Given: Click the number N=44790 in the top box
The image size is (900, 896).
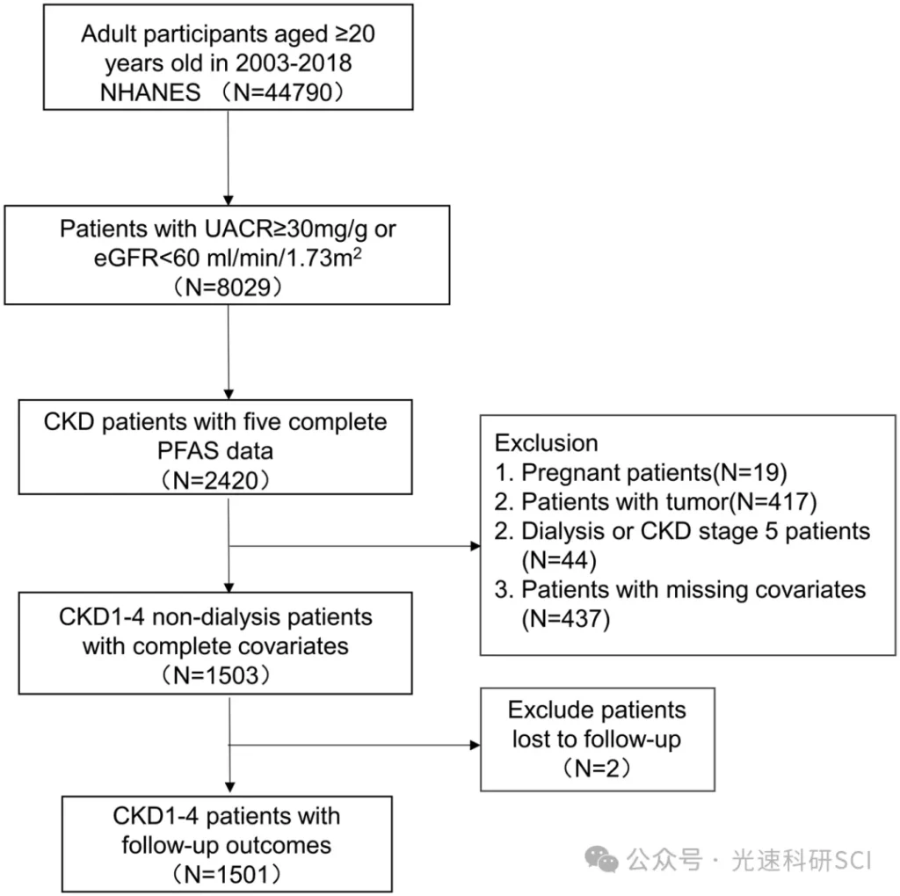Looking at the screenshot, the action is (x=282, y=92).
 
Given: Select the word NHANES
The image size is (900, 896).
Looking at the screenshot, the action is (x=150, y=92).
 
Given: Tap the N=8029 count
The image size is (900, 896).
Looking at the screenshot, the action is (x=228, y=287).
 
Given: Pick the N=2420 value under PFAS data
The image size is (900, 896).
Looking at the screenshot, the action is (x=215, y=480).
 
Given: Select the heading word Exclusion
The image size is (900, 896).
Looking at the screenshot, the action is (x=547, y=443).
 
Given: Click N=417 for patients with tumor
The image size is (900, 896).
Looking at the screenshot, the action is (x=773, y=502).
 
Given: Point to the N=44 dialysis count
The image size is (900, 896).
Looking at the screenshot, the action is (x=559, y=561).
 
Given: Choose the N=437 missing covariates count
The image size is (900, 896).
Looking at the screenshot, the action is (x=565, y=619).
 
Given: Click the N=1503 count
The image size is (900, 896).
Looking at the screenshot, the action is (x=215, y=675).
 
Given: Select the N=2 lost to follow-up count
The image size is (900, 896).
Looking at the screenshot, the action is (x=597, y=769).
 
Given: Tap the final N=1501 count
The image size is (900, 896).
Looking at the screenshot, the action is (x=227, y=875).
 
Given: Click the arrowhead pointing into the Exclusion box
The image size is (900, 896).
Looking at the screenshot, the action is (x=475, y=546).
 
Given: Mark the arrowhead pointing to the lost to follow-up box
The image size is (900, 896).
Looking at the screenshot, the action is (x=475, y=745).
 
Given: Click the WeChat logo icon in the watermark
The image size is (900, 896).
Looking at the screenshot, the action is (x=601, y=860).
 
